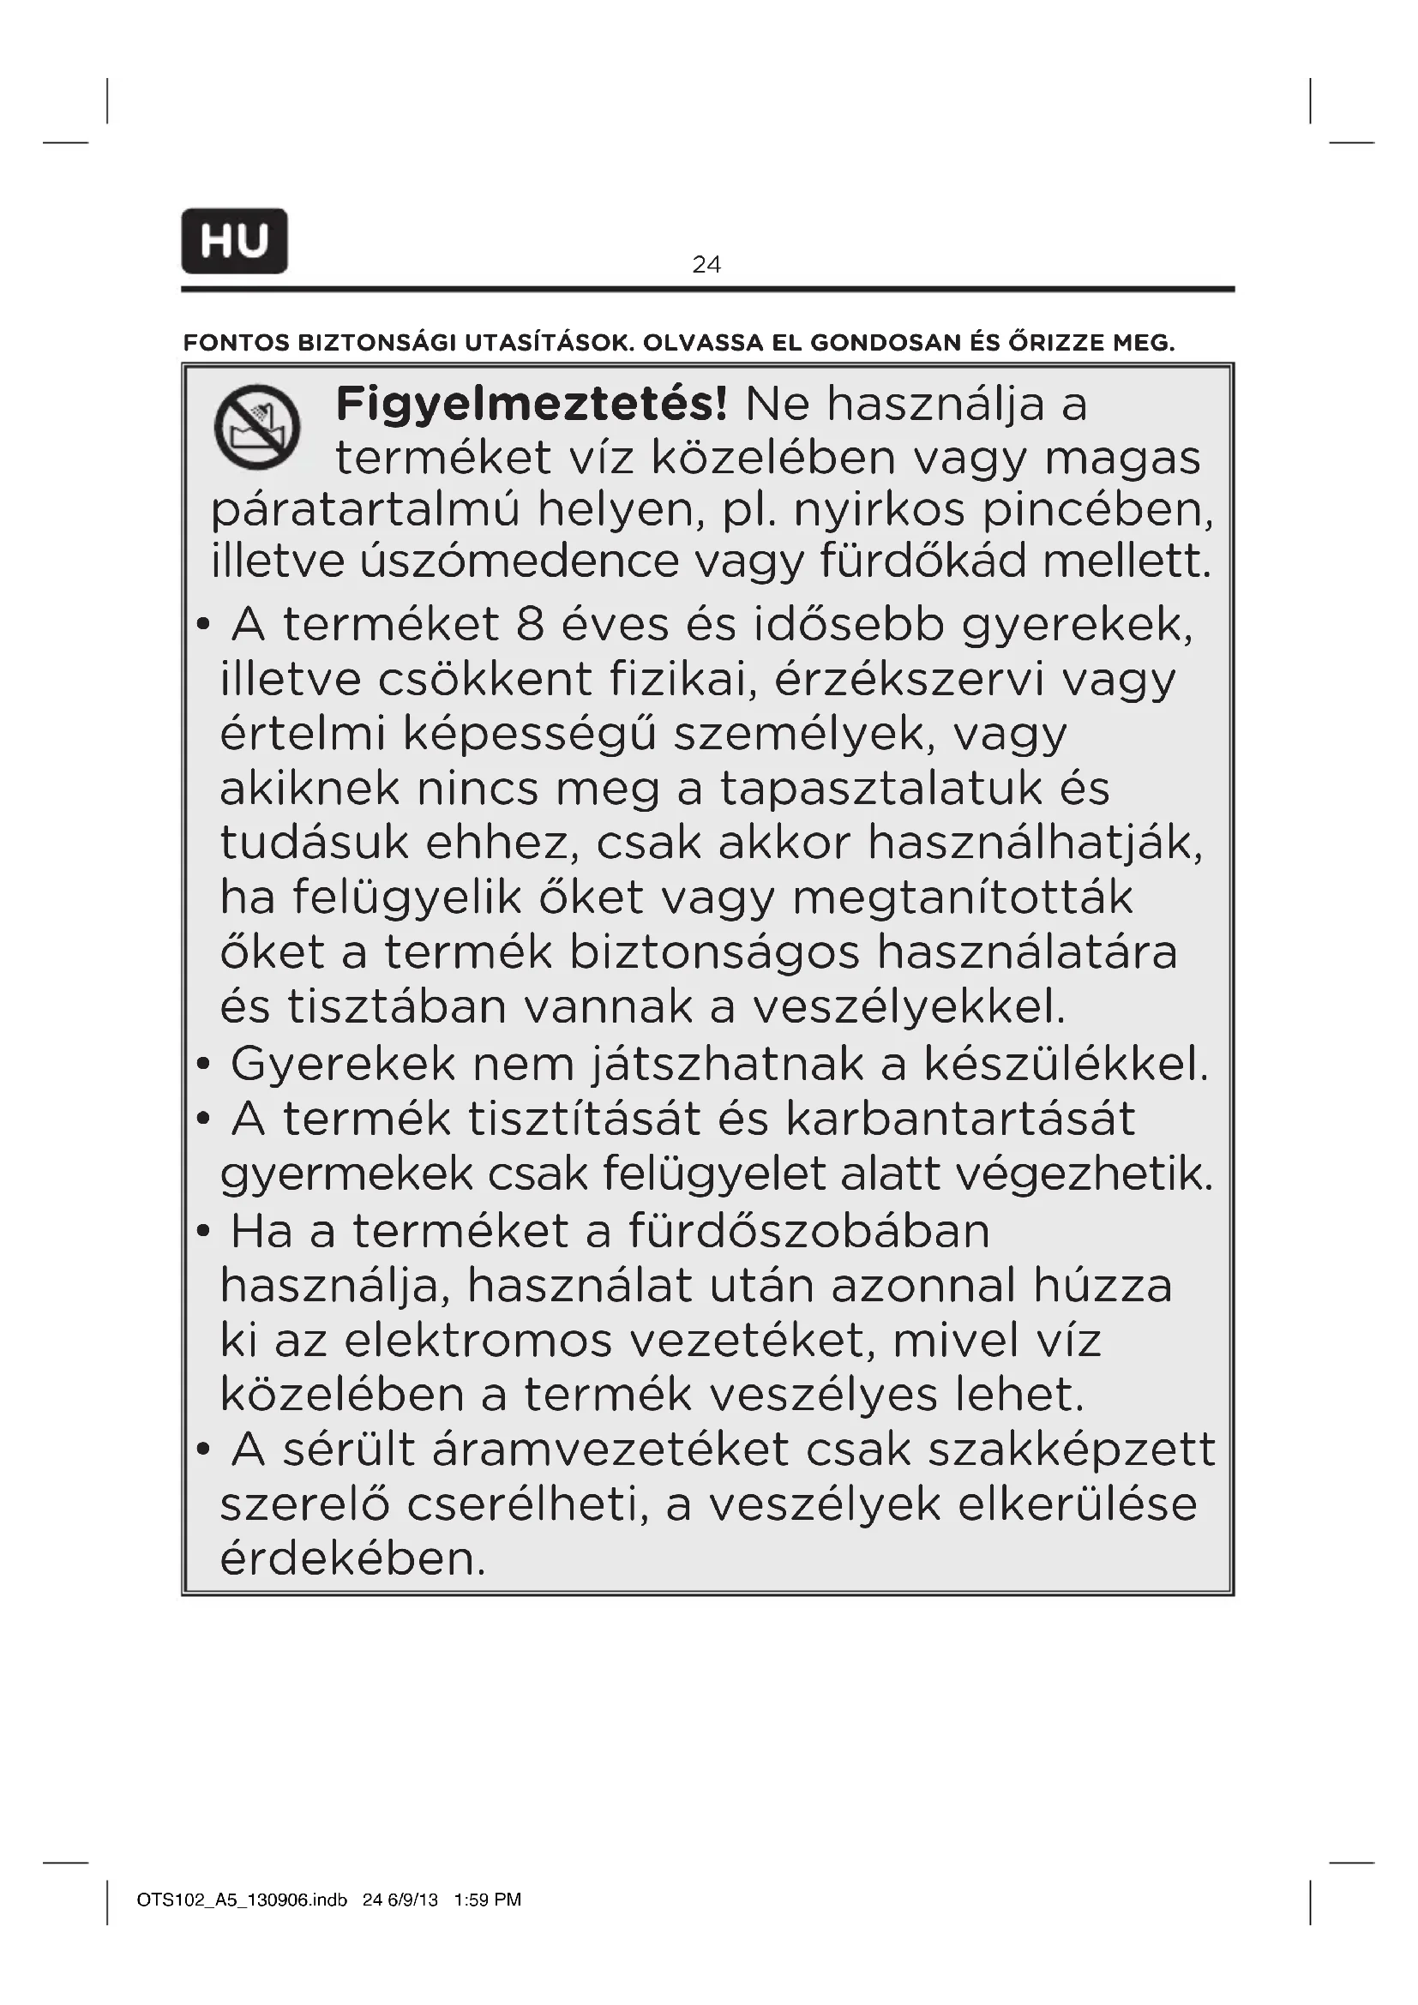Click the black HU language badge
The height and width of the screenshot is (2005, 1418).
tap(234, 241)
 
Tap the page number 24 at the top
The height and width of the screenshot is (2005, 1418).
tap(706, 264)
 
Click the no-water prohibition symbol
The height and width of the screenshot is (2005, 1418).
tap(257, 427)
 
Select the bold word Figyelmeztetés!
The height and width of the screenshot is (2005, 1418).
tap(531, 405)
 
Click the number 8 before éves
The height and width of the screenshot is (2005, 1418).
tap(530, 625)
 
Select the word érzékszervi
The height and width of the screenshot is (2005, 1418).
tap(909, 680)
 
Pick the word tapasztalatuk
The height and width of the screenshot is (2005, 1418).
tap(881, 789)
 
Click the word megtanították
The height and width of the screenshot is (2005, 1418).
tap(962, 897)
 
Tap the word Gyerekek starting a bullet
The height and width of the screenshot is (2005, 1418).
tap(343, 1064)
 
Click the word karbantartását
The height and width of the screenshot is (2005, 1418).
tap(960, 1119)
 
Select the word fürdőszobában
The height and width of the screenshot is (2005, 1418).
tap(809, 1231)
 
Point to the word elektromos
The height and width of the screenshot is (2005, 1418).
tap(478, 1341)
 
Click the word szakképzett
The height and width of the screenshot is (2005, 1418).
tap(1072, 1450)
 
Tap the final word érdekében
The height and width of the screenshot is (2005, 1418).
tap(352, 1559)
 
